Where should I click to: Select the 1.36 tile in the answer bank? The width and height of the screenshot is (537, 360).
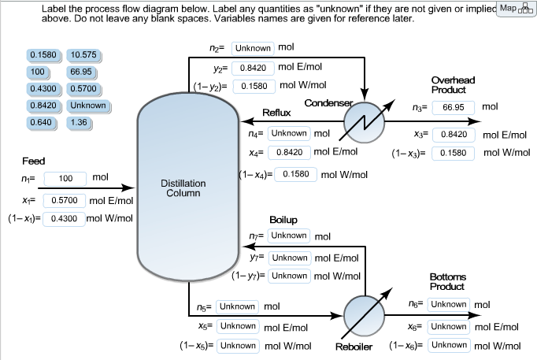click(78, 123)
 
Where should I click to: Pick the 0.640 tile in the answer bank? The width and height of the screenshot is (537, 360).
click(39, 123)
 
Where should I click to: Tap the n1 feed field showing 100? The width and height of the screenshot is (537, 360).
click(65, 178)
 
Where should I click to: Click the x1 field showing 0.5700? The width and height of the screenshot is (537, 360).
click(65, 201)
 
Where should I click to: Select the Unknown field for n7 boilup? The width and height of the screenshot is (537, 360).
click(289, 236)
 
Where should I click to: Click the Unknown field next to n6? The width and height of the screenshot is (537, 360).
click(449, 304)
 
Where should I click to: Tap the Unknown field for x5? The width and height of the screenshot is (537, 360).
click(237, 325)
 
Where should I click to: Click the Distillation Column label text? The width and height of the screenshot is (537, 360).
click(183, 187)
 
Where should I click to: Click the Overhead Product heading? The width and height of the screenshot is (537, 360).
click(453, 85)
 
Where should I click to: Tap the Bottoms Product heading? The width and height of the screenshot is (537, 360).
click(449, 281)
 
